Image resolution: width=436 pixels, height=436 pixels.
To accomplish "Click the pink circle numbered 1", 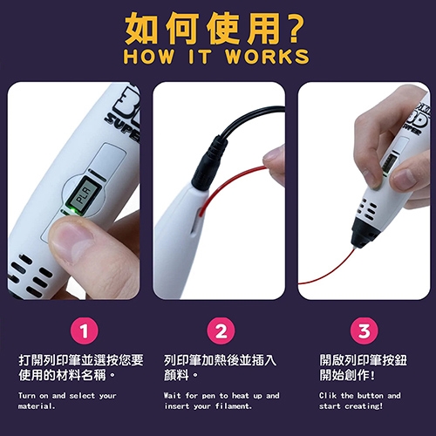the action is pos(85,331).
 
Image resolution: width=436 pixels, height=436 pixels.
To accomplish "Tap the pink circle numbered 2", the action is pos(221,331).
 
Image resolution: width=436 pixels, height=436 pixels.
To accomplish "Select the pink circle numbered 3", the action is pos(364,331).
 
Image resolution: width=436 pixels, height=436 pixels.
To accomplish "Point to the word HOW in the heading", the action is pos(148,57).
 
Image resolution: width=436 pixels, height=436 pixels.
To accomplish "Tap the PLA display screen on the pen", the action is pos(83,194).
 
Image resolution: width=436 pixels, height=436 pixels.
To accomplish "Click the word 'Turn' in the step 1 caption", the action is pos(27,396).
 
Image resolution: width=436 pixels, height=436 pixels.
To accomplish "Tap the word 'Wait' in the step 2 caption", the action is pos(173,396).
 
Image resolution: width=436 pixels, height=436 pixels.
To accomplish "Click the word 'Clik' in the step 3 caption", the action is pos(328,396).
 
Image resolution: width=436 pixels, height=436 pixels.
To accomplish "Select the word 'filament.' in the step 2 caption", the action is pos(234,406).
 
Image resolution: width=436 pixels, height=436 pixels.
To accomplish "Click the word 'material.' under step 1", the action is pos(37,406).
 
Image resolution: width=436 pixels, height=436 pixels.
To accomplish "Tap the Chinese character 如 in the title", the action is pos(142,29).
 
